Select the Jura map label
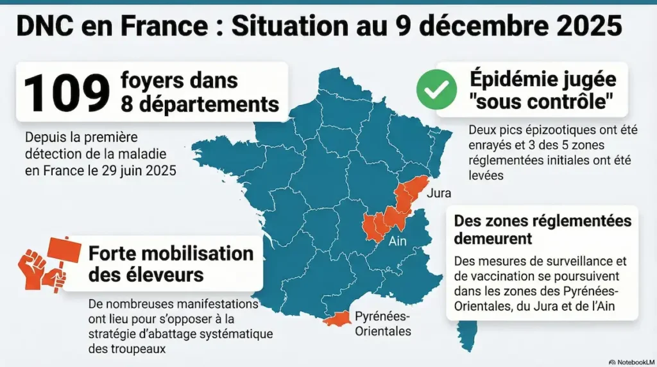[439, 193]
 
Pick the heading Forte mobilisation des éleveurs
[171, 264]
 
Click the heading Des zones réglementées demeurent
[543, 230]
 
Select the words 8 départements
[200, 104]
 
